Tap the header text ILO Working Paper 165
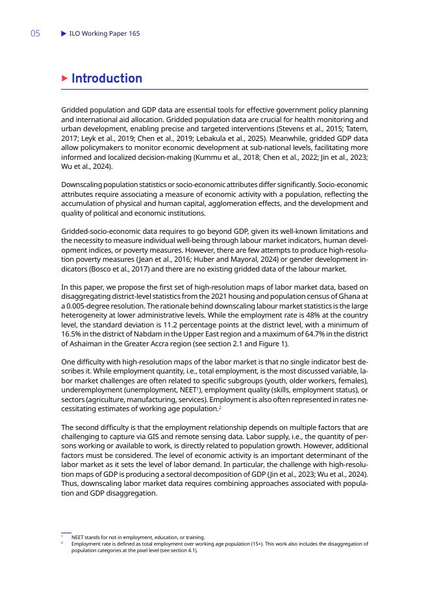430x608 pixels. pyautogui.click(x=104, y=33)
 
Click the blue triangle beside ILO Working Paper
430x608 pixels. pyautogui.click(x=63, y=33)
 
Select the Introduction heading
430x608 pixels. pyautogui.click(x=107, y=79)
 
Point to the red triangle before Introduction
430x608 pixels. pyautogui.click(x=64, y=79)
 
